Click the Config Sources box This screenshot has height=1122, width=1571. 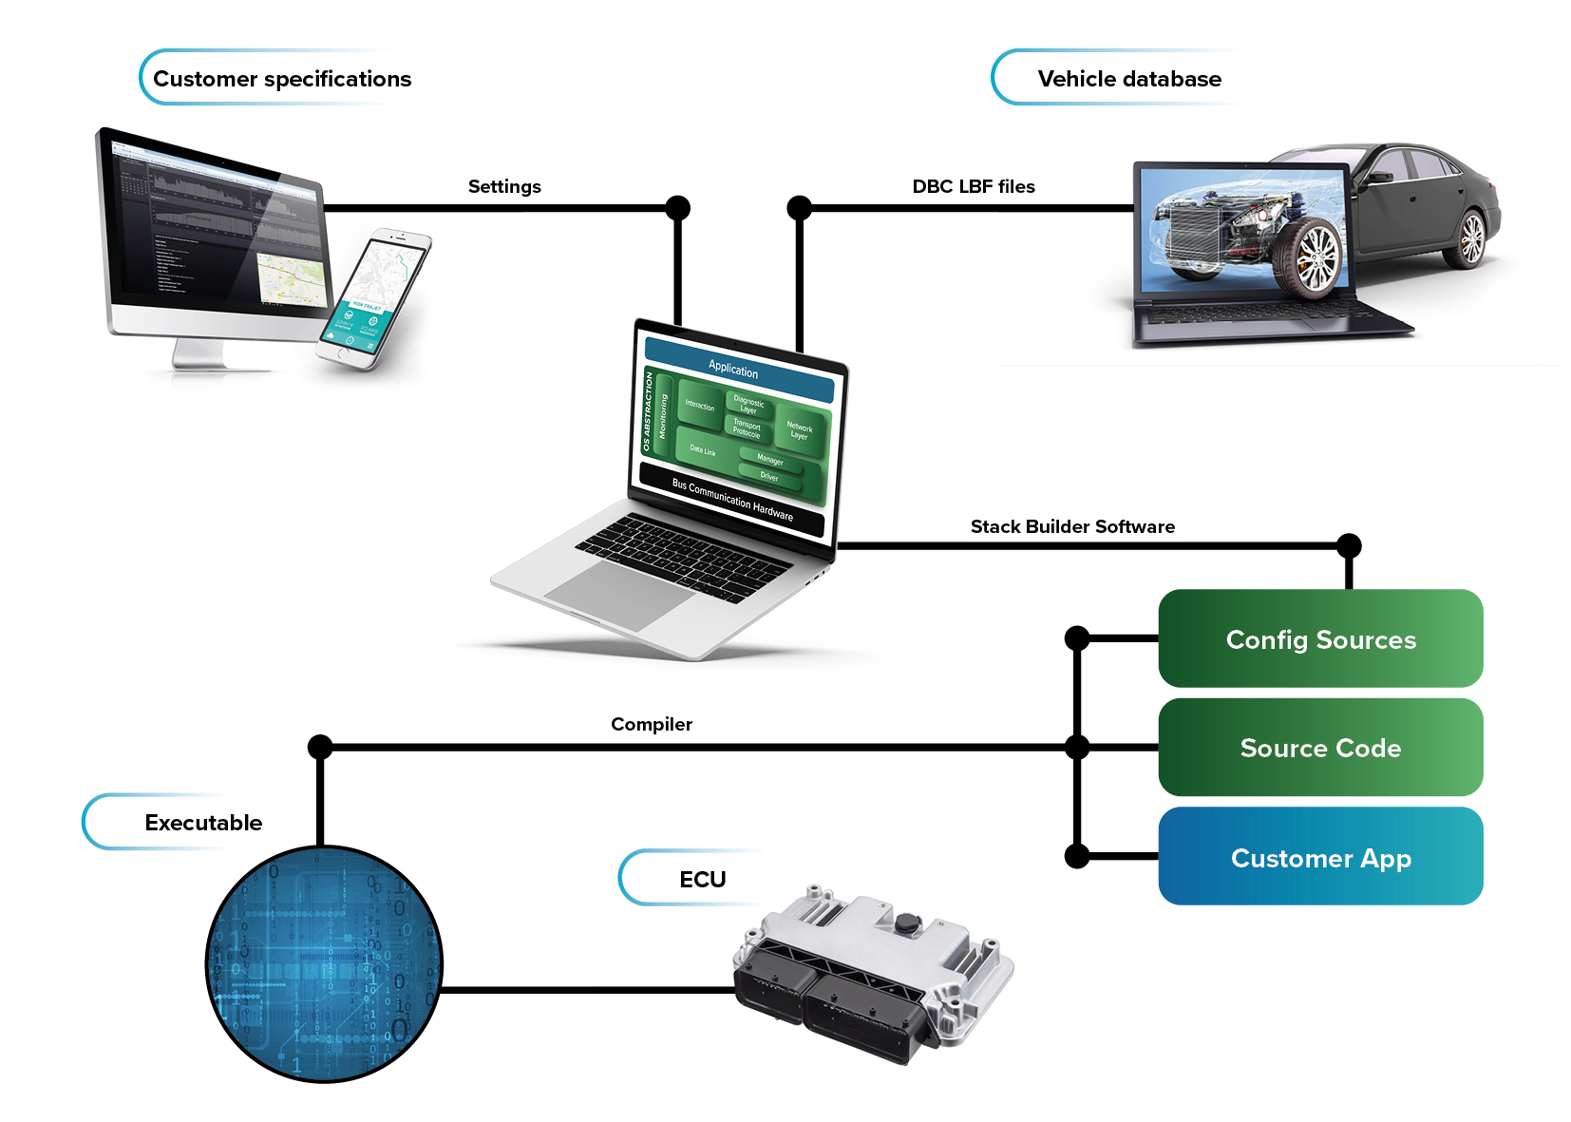tap(1320, 638)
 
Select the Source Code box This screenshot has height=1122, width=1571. tap(1320, 748)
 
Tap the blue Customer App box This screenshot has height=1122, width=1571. tap(1320, 857)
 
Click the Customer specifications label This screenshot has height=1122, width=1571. tap(282, 79)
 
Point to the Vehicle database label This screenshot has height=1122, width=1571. tap(1129, 79)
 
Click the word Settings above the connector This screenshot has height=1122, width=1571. tap(504, 186)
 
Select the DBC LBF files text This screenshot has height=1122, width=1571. tap(974, 186)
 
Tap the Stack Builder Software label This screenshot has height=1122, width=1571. tap(1072, 526)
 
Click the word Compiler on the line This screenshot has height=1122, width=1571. tap(652, 724)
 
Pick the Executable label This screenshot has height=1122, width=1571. tap(203, 823)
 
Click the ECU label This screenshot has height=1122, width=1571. tap(702, 880)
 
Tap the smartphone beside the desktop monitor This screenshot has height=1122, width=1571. tap(374, 296)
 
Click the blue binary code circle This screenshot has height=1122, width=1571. tap(324, 963)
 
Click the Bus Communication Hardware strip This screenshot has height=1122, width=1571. tap(731, 499)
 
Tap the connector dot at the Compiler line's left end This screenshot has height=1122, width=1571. tap(321, 747)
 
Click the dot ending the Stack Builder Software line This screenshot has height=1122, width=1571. tap(1349, 546)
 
